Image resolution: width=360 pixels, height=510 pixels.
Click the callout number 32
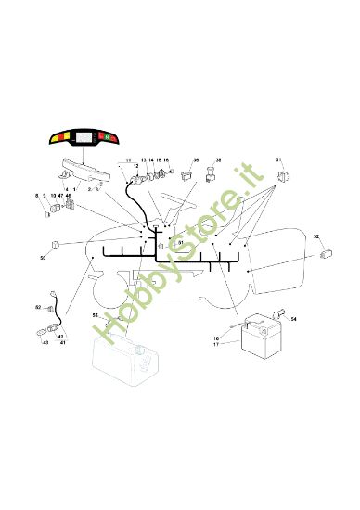click(316, 237)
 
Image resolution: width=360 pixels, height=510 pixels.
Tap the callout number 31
click(279, 160)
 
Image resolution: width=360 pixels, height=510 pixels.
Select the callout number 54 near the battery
click(294, 319)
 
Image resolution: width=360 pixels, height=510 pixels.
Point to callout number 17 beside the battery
click(216, 345)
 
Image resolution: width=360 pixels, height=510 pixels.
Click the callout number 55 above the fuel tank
click(95, 315)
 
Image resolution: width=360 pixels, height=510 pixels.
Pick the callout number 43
click(45, 343)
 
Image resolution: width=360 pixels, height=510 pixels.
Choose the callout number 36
click(195, 160)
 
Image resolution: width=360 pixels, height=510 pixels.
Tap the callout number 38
click(218, 160)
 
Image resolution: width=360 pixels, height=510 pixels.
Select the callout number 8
click(37, 196)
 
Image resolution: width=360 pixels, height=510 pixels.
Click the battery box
click(262, 335)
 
